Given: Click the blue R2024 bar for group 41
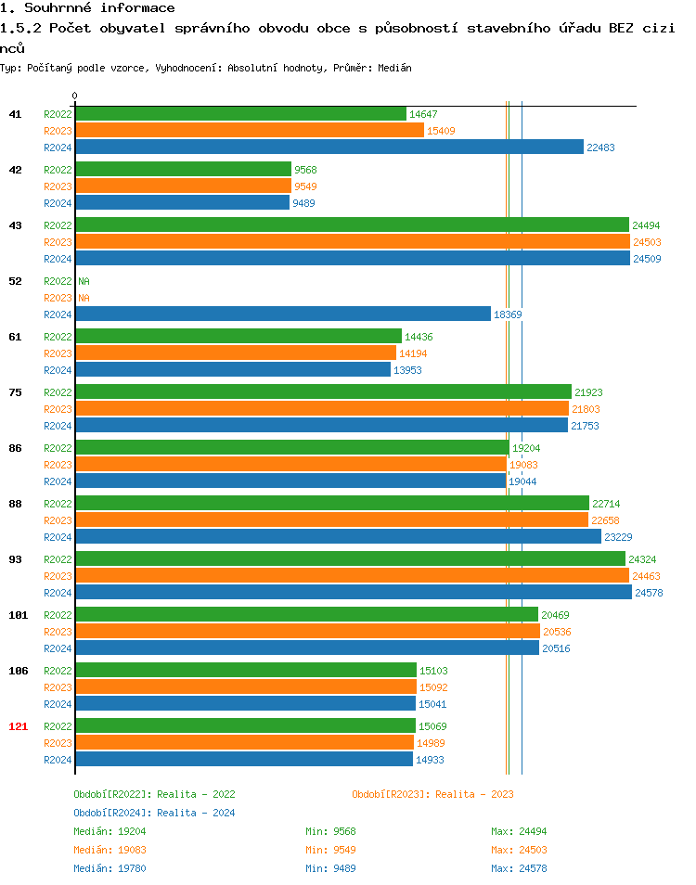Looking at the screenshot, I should tap(329, 147).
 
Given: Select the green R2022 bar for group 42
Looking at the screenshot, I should tap(183, 169).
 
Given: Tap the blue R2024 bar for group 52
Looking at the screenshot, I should tap(283, 314).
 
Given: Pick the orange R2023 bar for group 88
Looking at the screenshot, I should tap(331, 519).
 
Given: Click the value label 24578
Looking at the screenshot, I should tap(649, 593).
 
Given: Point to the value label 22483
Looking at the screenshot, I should tap(600, 147).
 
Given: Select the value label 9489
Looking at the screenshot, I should tap(303, 203).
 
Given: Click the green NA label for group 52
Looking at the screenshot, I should tap(84, 281).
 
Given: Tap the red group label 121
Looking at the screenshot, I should tap(18, 726).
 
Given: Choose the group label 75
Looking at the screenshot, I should tap(15, 392).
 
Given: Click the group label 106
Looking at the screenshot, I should tap(18, 671).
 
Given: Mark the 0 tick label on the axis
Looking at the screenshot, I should tap(75, 96).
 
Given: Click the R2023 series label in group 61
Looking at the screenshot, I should tap(58, 353).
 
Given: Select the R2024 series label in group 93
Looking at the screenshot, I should tap(58, 593).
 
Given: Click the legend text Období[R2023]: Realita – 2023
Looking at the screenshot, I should tap(432, 794).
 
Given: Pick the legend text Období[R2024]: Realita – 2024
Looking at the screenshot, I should tap(154, 813).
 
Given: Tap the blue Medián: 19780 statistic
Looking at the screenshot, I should tap(110, 868).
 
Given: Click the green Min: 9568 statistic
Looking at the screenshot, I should tap(330, 831).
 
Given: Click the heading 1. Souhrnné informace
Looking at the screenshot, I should tap(87, 8).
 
